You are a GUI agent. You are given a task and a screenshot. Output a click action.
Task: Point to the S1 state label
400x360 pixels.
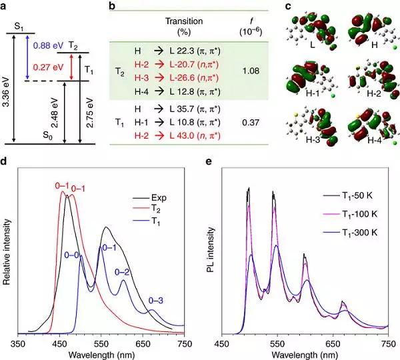coord(22,25)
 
